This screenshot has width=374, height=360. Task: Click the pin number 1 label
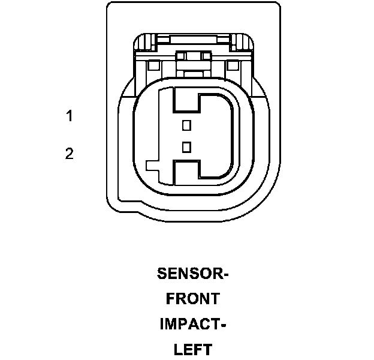[70, 116]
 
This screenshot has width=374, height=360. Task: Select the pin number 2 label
[70, 154]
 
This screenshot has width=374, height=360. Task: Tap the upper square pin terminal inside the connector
[186, 125]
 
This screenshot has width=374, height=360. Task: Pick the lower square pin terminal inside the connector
[186, 146]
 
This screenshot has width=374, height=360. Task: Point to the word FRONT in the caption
[193, 298]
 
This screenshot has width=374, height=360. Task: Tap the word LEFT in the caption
[193, 349]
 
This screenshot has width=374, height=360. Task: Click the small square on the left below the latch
[153, 65]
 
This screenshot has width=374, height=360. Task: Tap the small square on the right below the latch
[233, 65]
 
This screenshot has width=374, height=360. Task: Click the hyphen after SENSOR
[226, 275]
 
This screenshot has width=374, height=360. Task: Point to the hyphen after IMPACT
[222, 325]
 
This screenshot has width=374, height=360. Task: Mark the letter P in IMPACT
[182, 324]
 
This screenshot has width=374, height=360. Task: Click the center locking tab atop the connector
[193, 56]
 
